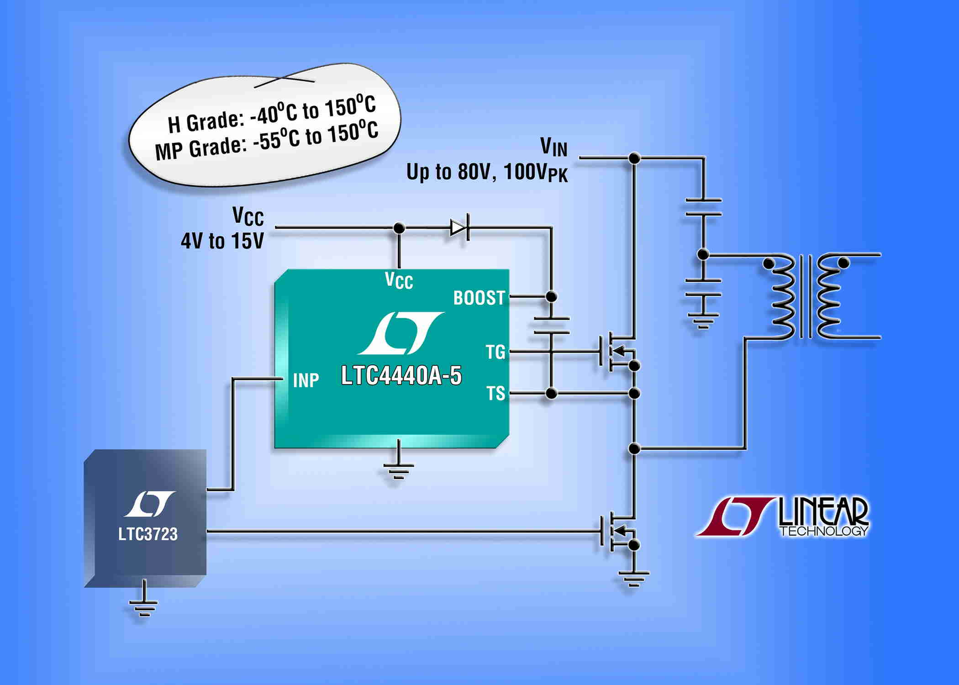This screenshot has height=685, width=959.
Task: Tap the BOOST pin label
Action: [479, 298]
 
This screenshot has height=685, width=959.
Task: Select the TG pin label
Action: [495, 352]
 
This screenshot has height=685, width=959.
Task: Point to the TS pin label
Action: [495, 394]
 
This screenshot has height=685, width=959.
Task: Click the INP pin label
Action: [306, 381]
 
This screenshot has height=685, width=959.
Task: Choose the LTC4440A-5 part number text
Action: [401, 376]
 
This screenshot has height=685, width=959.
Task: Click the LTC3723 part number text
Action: [148, 534]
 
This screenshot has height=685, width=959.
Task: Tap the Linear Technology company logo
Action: [783, 517]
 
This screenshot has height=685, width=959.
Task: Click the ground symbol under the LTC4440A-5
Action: [398, 469]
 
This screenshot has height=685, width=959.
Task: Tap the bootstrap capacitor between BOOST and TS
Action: [551, 325]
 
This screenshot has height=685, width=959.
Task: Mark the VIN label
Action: [553, 147]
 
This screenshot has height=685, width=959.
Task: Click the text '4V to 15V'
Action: [222, 241]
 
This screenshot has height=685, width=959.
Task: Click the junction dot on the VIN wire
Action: [634, 158]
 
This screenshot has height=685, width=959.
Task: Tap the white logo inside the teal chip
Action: [401, 333]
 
